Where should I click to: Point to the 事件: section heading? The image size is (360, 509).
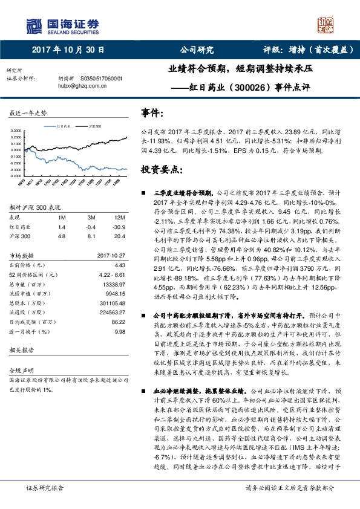[152, 112]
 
